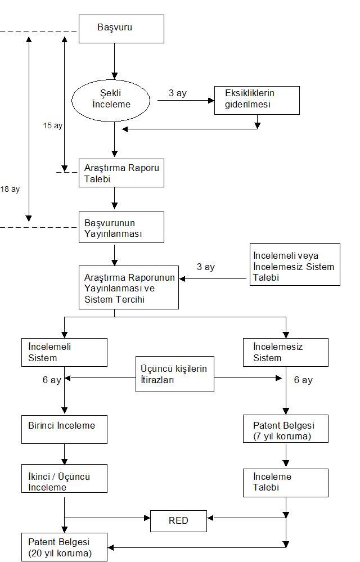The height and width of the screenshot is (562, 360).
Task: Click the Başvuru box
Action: (121, 29)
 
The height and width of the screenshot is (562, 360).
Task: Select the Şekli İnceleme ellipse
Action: (111, 100)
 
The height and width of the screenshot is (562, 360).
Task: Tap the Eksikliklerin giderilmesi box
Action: (257, 100)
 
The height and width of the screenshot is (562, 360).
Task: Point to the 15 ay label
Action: (53, 125)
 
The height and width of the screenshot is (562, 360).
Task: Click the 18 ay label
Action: (10, 189)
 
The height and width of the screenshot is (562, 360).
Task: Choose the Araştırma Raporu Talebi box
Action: (121, 173)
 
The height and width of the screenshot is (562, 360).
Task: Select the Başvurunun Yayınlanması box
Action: (121, 227)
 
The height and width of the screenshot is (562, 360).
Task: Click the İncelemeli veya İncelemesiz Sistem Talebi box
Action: (295, 264)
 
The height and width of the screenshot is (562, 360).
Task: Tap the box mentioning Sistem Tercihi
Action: (129, 287)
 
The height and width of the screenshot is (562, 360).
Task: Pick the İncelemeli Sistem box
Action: (64, 352)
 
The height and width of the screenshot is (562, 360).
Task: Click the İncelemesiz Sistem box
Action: (286, 352)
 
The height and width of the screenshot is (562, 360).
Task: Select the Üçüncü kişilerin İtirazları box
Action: (175, 374)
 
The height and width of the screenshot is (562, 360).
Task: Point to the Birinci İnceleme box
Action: (64, 429)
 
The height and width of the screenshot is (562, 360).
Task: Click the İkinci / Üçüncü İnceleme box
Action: (64, 479)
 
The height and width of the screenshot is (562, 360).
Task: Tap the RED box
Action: (178, 521)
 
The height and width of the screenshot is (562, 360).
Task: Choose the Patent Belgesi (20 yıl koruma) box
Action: (64, 547)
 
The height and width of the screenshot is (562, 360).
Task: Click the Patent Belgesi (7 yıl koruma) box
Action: (286, 429)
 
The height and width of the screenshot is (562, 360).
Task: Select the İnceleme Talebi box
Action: (286, 483)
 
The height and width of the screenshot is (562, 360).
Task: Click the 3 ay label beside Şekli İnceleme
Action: (178, 93)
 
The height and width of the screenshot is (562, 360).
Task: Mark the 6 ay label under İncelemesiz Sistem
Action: (303, 380)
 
